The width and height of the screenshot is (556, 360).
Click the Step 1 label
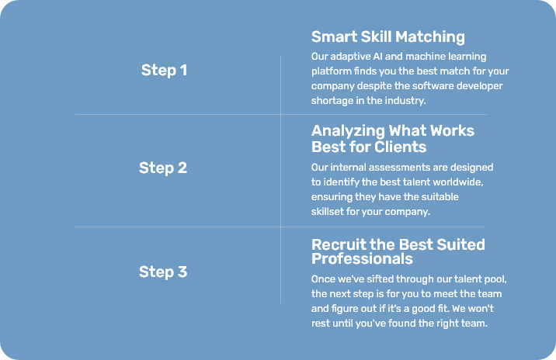(x=164, y=70)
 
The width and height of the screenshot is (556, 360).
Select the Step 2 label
(x=163, y=168)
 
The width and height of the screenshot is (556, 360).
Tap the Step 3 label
(x=163, y=272)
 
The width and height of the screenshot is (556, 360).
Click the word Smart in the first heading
(x=334, y=36)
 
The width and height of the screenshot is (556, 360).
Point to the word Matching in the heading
(x=429, y=37)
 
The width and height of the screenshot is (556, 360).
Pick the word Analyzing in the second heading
(x=348, y=131)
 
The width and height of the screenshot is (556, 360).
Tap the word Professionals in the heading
(x=362, y=258)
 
